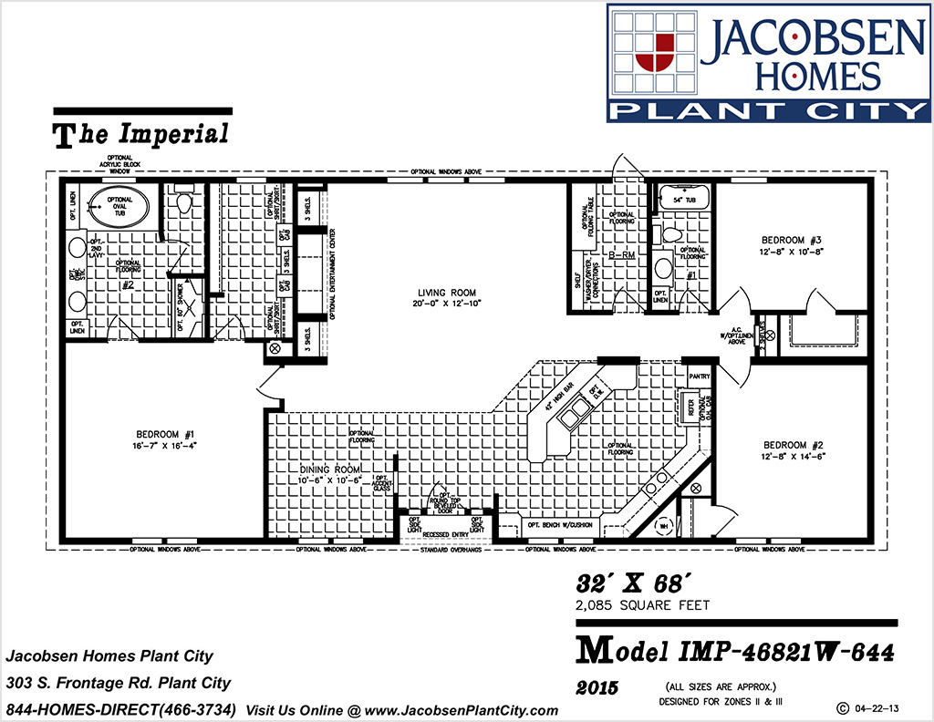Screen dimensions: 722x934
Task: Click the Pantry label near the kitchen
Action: (x=700, y=376)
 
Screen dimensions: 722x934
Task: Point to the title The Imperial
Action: (x=142, y=135)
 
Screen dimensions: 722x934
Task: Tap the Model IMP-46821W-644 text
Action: (x=735, y=652)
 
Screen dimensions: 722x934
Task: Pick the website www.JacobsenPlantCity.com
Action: (x=467, y=710)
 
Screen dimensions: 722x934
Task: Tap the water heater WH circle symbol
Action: (x=665, y=525)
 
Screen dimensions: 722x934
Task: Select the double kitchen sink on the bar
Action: (x=576, y=418)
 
